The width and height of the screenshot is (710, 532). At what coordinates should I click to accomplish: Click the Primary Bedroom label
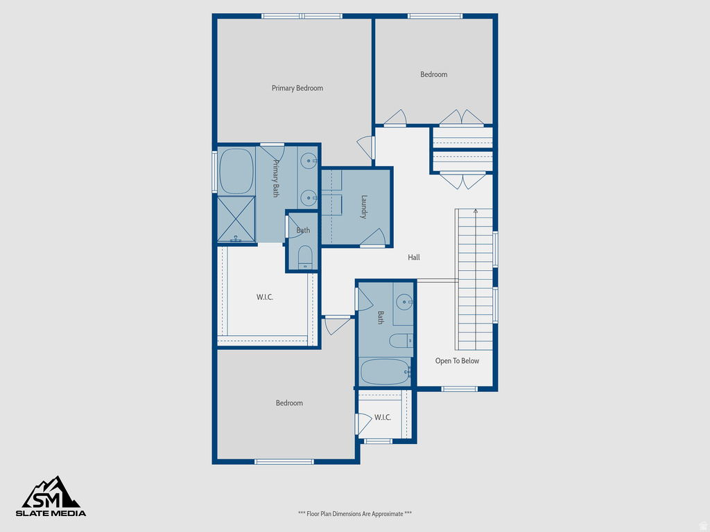pyautogui.click(x=297, y=88)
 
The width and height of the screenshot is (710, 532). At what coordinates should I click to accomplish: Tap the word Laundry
pyautogui.click(x=363, y=206)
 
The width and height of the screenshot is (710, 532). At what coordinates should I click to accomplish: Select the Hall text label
pyautogui.click(x=414, y=257)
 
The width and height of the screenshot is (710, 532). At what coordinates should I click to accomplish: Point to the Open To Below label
pyautogui.click(x=457, y=361)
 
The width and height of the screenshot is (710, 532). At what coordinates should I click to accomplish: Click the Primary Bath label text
pyautogui.click(x=275, y=179)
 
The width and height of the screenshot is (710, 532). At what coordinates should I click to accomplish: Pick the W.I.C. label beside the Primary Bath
pyautogui.click(x=264, y=297)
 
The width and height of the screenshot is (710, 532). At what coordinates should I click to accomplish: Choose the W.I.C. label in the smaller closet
pyautogui.click(x=383, y=418)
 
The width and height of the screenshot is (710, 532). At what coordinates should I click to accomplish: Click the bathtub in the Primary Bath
pyautogui.click(x=236, y=171)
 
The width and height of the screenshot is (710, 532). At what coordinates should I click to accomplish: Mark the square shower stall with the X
pyautogui.click(x=236, y=219)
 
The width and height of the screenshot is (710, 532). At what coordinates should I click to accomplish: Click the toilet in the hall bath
pyautogui.click(x=399, y=340)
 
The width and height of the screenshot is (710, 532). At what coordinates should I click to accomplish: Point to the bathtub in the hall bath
pyautogui.click(x=385, y=372)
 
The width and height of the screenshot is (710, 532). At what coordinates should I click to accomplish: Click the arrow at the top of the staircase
pyautogui.click(x=475, y=211)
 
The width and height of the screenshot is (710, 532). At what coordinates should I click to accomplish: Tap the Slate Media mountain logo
pyautogui.click(x=53, y=493)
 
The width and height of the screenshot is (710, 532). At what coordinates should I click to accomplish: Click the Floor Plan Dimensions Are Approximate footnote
pyautogui.click(x=355, y=514)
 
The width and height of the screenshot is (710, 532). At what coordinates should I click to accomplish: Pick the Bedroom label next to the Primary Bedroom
pyautogui.click(x=434, y=74)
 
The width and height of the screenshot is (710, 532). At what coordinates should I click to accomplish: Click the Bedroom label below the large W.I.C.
pyautogui.click(x=289, y=403)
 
